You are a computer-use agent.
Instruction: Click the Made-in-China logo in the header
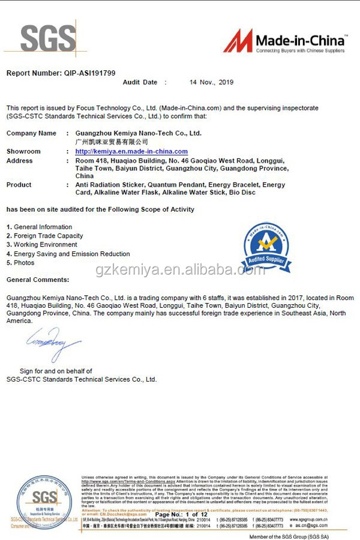point(284,41)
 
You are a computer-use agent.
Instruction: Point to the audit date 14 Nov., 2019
point(211,82)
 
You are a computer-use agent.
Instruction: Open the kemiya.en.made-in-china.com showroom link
point(131,151)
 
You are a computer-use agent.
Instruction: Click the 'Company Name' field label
point(31,133)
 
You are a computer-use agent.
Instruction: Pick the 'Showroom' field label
point(23,151)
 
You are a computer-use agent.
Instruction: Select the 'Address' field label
point(20,161)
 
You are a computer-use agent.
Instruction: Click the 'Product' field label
point(19,185)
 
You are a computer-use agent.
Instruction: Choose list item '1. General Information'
point(39,227)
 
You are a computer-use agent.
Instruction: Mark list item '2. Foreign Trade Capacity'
point(44,236)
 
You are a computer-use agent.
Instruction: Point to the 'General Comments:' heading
point(37,280)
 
